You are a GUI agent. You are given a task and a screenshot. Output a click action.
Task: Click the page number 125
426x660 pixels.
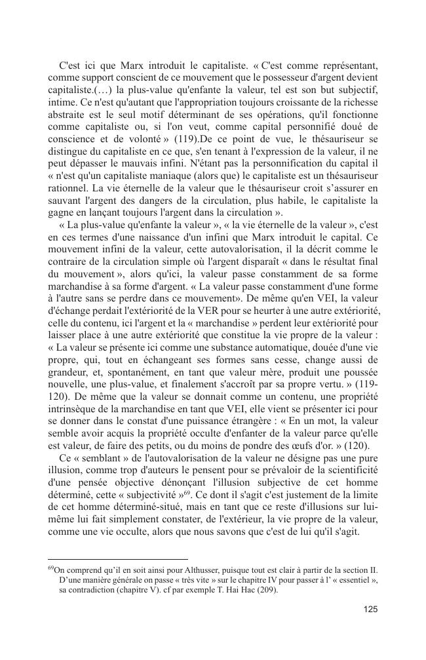[x=370, y=609]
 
